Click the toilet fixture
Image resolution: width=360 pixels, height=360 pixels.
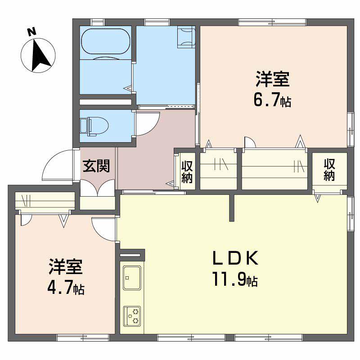pyautogui.click(x=92, y=126)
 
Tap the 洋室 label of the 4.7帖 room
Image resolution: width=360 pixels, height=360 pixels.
pyautogui.click(x=65, y=267)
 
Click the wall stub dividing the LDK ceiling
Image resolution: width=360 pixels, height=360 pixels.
pyautogui.click(x=232, y=208)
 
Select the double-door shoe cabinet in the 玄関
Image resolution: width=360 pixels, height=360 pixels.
pyautogui.click(x=98, y=189)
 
